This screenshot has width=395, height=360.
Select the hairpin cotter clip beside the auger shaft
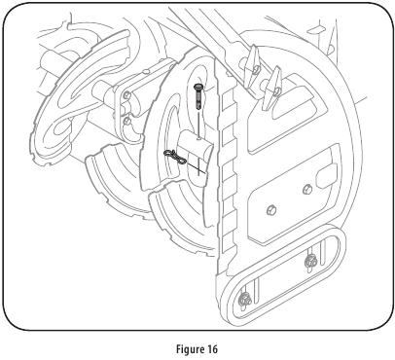(x=176, y=156)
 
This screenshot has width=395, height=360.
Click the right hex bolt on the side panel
(x=309, y=188)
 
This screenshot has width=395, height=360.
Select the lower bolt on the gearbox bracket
(x=129, y=123)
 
